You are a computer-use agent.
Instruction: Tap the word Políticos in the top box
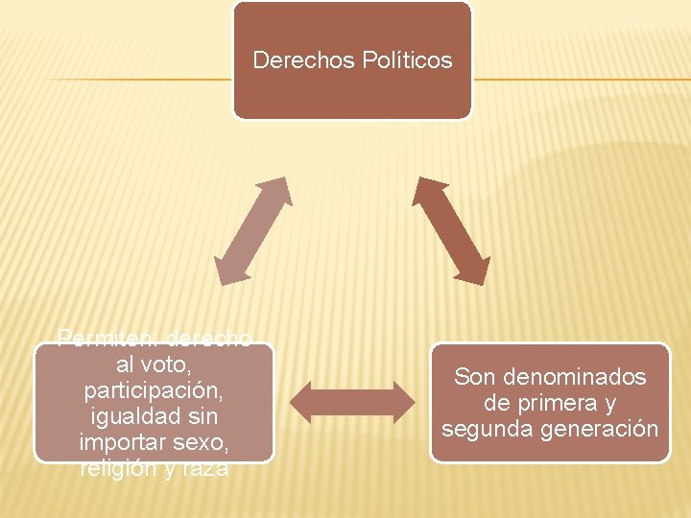408,61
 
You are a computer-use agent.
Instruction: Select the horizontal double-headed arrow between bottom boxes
354,403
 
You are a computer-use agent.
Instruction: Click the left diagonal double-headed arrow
252,230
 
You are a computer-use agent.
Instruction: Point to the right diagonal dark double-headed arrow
451,230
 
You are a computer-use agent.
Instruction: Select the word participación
154,391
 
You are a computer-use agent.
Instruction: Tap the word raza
202,469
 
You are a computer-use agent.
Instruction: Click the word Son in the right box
475,377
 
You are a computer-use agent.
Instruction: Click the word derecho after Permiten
208,339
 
